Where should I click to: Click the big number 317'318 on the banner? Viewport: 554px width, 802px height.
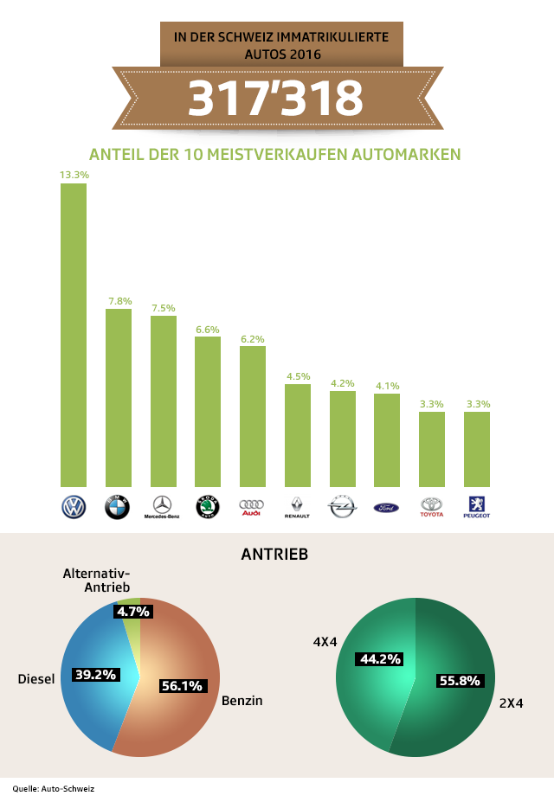click(275, 99)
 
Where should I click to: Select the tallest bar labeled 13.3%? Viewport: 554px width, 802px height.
click(73, 336)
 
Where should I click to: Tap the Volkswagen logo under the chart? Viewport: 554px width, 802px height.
click(73, 507)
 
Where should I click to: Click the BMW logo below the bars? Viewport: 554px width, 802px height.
click(117, 507)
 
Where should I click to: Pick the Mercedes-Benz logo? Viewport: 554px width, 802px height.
click(162, 507)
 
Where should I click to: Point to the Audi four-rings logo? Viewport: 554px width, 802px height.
click(251, 507)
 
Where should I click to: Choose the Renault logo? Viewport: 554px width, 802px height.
click(297, 507)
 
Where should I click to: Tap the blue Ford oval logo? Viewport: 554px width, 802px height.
click(386, 507)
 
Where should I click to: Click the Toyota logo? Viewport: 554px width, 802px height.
click(431, 507)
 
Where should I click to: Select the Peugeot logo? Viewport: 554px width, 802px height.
click(476, 507)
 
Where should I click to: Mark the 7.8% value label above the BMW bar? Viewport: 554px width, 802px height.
click(119, 301)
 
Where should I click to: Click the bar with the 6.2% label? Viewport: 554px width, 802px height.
click(252, 417)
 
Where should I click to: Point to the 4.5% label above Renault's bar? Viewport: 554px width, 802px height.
click(298, 376)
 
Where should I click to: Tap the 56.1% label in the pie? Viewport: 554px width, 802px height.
click(182, 686)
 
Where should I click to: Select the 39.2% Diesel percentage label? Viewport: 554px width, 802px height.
click(95, 674)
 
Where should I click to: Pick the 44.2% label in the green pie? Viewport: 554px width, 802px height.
click(378, 659)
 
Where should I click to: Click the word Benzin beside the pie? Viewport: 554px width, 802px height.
click(242, 701)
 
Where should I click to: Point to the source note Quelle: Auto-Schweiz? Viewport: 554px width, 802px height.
click(52, 788)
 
